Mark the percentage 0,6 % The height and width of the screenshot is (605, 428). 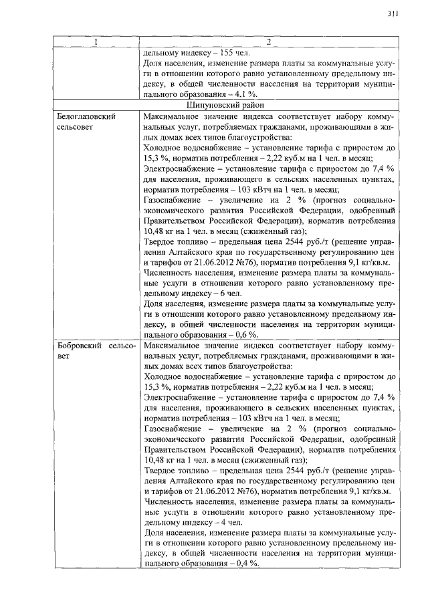click(247, 334)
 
